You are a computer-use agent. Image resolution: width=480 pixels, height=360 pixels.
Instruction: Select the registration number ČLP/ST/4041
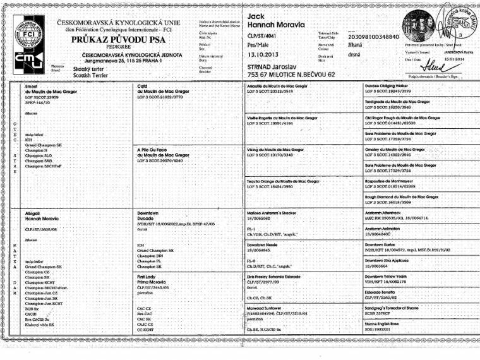[x=263, y=37]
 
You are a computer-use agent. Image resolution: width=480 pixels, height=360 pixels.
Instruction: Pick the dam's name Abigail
[x=32, y=214]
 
